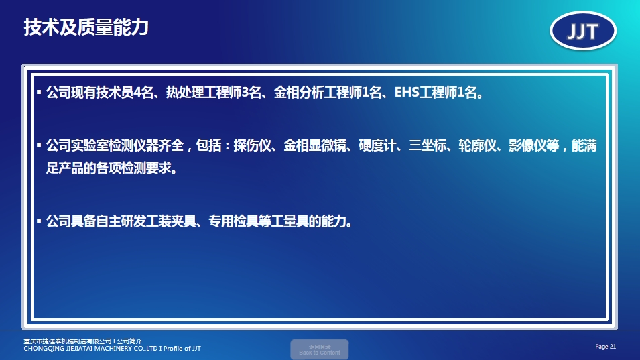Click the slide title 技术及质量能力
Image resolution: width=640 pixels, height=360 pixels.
point(86,27)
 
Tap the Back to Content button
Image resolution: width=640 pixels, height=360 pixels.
point(319,349)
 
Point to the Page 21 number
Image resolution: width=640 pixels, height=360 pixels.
point(605,346)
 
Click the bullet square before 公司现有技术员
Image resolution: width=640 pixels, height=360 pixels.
point(39,91)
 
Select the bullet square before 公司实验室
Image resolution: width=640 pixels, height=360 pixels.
point(39,145)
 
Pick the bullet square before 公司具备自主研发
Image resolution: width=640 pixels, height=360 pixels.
point(39,219)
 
